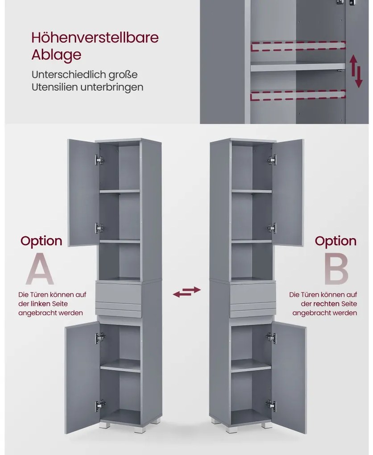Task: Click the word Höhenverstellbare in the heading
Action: coord(95,38)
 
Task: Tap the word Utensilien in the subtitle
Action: coord(55,87)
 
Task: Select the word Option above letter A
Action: coord(41,241)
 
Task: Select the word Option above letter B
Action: coord(336,241)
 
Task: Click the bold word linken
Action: coord(40,304)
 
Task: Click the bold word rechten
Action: coord(326,304)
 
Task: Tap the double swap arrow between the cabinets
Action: coord(186,292)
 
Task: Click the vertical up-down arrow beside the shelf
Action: coord(356,71)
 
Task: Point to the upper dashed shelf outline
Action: coord(298,46)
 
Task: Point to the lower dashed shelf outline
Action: coord(298,95)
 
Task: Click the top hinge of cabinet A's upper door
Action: coord(99,160)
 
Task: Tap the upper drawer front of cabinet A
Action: coord(119,292)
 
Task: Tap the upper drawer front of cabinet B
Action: coord(253,292)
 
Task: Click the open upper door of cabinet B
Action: coord(288,193)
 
